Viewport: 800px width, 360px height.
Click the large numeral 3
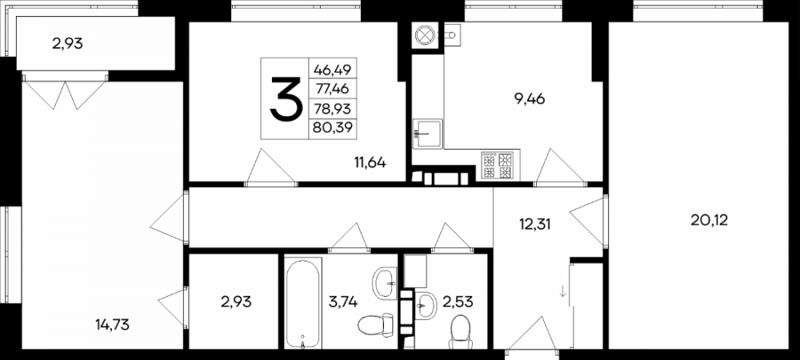point(286,98)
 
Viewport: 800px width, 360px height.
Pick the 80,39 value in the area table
point(333,127)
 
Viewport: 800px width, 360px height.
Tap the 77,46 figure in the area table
point(333,89)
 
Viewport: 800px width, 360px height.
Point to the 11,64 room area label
point(370,163)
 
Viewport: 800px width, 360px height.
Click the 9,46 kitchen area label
point(530,98)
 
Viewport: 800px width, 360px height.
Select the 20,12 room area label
point(709,220)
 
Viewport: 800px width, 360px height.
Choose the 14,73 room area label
point(112,324)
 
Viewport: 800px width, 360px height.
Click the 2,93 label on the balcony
point(67,44)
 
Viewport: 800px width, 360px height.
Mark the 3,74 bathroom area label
point(344,302)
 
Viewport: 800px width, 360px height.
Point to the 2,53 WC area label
point(458,302)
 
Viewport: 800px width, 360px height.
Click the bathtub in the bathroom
point(302,303)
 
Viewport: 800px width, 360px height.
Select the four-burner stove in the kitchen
point(497,166)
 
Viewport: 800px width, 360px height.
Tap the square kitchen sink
point(427,134)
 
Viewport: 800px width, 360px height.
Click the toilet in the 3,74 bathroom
point(375,325)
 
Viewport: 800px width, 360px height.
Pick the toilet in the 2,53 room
point(461,331)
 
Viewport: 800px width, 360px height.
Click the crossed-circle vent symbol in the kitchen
point(424,35)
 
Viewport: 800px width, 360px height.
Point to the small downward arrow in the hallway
point(562,292)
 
